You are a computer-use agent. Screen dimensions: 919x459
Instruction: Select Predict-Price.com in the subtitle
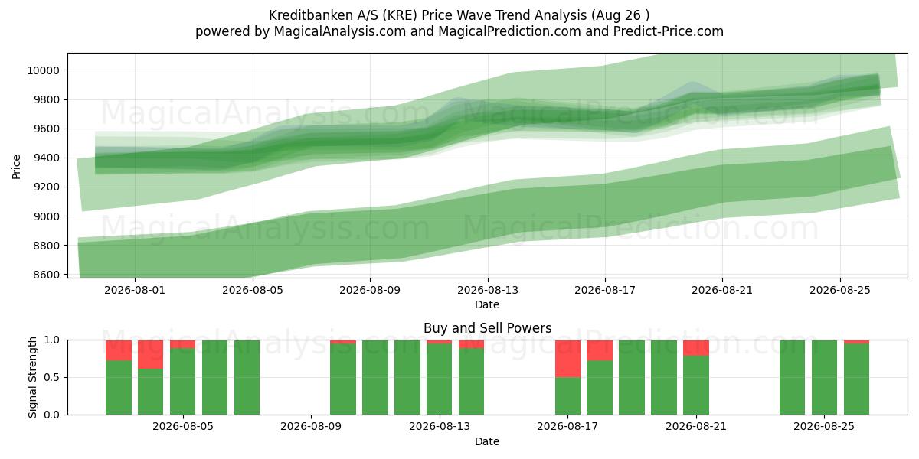tap(669, 31)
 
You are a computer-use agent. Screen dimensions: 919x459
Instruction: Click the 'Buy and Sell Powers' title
tap(487, 328)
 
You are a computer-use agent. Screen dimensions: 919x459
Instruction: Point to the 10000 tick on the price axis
tap(43, 70)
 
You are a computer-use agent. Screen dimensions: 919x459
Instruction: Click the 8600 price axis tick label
tap(46, 275)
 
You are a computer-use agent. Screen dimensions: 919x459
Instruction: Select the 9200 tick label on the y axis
tap(46, 187)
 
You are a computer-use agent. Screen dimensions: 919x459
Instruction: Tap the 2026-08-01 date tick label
tap(135, 290)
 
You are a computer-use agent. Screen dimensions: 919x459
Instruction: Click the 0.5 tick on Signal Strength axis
tap(52, 377)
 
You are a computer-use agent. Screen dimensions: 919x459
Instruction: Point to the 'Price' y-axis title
tap(16, 167)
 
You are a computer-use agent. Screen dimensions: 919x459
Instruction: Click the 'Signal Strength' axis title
tap(32, 377)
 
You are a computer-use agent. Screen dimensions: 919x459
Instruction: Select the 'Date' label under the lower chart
tap(487, 441)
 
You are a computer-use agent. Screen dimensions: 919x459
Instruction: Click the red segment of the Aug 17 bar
tap(567, 359)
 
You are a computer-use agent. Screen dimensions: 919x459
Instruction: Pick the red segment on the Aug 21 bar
tap(696, 348)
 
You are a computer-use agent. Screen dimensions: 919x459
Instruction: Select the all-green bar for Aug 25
tap(824, 377)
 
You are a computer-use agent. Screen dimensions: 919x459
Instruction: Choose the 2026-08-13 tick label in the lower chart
tap(440, 426)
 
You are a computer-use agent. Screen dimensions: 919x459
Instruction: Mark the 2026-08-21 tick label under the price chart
tap(722, 290)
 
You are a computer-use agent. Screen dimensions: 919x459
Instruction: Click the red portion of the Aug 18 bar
tap(600, 350)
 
